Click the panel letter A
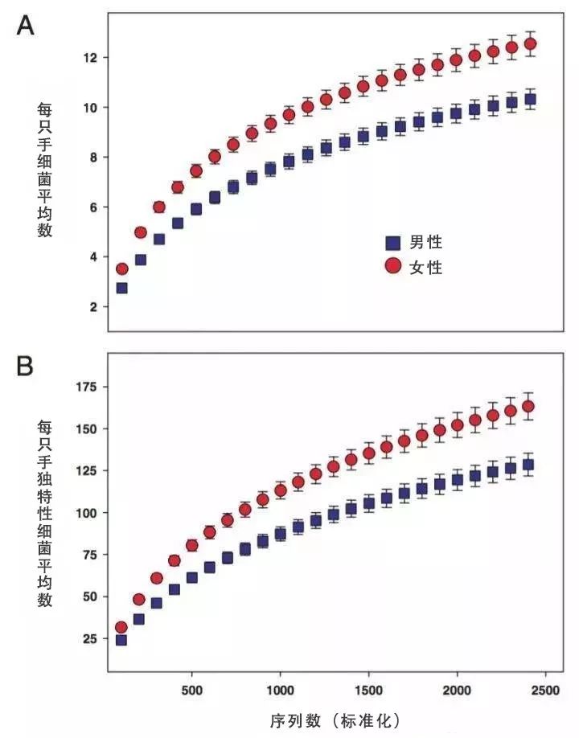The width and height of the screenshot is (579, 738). coord(26,26)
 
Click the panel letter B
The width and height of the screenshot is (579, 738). coord(26,367)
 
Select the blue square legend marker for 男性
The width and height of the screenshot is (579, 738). coord(392,242)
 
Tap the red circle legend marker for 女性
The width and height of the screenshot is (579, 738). coord(392,266)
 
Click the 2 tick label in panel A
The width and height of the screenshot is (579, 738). coord(93,307)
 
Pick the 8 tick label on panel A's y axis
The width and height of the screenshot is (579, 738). coord(93,158)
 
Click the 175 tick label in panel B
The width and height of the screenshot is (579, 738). coord(85,387)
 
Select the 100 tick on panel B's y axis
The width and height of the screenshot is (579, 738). coord(85,513)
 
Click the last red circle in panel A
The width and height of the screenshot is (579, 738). coord(529,44)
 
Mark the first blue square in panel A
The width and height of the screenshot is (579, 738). coord(121,288)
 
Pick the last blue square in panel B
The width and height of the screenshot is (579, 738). coord(528,465)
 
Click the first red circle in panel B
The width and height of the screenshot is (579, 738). coord(121,627)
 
